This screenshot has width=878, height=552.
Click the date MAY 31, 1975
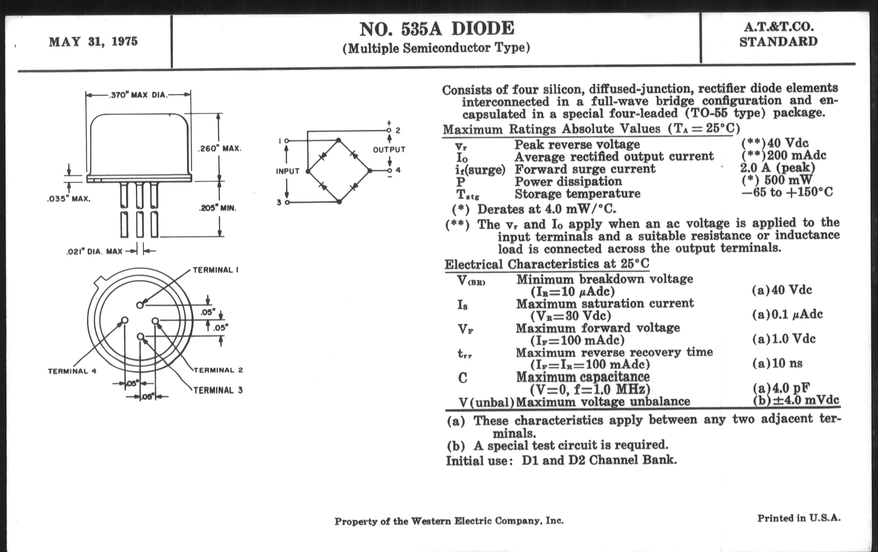(x=94, y=42)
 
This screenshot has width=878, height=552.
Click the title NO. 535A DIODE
(x=436, y=29)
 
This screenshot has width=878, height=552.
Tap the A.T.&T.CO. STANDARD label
(x=778, y=35)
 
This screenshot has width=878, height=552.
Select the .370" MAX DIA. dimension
(x=139, y=96)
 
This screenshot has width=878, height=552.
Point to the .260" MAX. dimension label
(x=219, y=149)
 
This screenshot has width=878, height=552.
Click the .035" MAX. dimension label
(x=69, y=199)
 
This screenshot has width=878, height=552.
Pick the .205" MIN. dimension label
(x=217, y=209)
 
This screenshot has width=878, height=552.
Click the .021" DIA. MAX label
(x=94, y=251)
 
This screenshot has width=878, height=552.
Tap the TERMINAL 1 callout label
(x=216, y=270)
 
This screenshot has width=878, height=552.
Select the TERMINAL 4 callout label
(x=72, y=371)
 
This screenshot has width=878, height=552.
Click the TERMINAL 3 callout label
(x=218, y=390)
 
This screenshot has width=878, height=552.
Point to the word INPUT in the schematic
(x=288, y=171)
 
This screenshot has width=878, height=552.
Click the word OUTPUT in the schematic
(x=389, y=149)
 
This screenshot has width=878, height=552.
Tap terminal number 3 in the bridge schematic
(x=279, y=203)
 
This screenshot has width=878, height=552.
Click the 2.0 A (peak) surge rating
(x=777, y=168)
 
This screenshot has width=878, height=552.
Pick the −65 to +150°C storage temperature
(x=787, y=192)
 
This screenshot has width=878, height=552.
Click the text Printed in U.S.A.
(x=799, y=518)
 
